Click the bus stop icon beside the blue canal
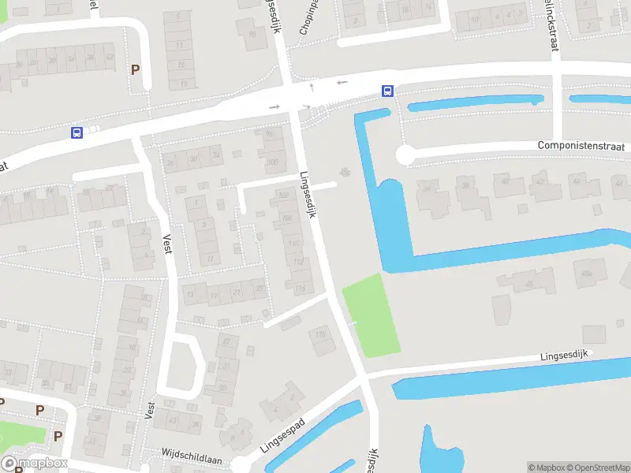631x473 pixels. click(x=387, y=91)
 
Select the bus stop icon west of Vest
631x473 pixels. click(x=77, y=132)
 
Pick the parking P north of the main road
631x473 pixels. click(x=135, y=69)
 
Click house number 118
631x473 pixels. click(x=320, y=334)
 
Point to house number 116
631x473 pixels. click(x=300, y=289)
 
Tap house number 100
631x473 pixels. click(x=274, y=162)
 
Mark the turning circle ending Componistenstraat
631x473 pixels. click(x=405, y=156)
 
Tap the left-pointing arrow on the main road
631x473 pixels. click(x=342, y=82)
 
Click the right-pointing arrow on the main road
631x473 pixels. click(x=274, y=106)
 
